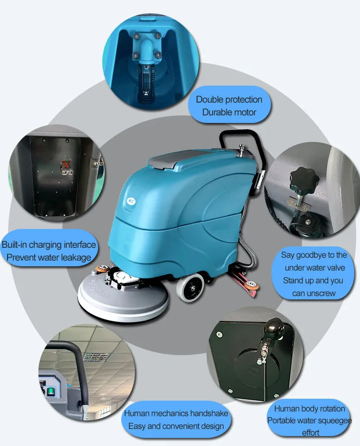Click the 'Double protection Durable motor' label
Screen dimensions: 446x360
click(x=229, y=106)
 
